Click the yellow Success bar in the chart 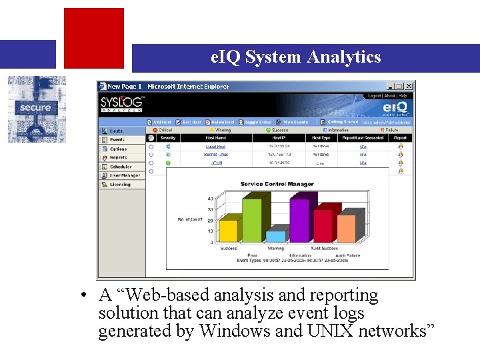coord(228,231)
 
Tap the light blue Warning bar coord(275,236)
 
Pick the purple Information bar coord(300,220)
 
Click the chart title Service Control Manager coord(277,184)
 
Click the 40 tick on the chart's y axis coord(210,199)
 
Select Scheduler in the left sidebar coord(121,167)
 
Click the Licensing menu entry coord(120,184)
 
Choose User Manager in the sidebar coord(125,175)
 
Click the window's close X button coord(409,86)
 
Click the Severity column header coord(168,138)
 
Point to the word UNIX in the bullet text coord(329,331)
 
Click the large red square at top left coord(93,37)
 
